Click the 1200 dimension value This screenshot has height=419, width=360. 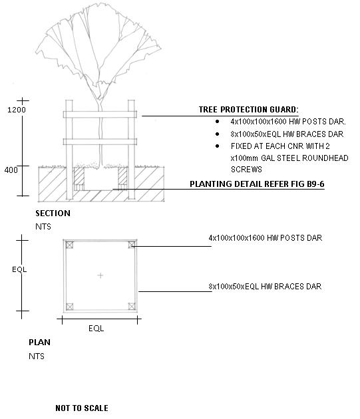point(17,110)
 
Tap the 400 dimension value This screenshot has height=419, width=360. point(11,170)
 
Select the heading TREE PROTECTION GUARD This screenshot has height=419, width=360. point(248,110)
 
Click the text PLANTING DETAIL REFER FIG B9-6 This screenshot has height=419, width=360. point(257,184)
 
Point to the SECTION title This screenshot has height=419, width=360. point(53,213)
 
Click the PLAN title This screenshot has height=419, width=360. point(39,343)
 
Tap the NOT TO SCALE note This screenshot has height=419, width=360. point(82,408)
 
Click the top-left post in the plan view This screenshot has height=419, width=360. point(70,245)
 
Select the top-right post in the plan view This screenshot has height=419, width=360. point(132,245)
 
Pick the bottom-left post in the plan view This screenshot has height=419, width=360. point(70,307)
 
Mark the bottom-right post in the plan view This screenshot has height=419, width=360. point(132,307)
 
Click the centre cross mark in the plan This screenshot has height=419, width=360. point(100,275)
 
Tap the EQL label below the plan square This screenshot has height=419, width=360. point(96,328)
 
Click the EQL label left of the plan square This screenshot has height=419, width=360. point(19,269)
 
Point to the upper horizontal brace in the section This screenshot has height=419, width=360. point(100,114)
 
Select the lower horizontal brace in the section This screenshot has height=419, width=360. point(100,142)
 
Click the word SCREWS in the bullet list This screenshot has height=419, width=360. point(246,170)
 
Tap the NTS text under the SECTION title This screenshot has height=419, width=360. point(43,227)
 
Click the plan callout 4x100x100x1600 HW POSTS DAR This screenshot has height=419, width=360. point(266,238)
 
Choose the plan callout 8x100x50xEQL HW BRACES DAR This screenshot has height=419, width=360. point(265,287)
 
